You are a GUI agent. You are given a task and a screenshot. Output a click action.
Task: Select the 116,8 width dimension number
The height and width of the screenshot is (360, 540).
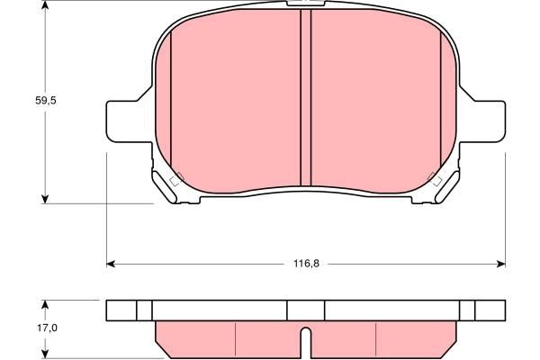(306, 264)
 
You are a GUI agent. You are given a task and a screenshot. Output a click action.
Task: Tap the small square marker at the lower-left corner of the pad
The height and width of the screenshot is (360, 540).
(176, 177)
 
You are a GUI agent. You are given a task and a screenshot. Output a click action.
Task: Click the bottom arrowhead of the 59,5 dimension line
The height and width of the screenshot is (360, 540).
(46, 199)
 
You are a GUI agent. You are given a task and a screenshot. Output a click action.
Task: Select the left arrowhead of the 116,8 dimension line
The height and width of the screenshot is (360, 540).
(112, 264)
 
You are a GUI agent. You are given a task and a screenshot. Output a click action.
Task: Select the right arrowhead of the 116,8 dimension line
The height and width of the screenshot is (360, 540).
(501, 264)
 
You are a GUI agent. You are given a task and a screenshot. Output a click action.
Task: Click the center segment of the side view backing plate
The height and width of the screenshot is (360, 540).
(305, 310)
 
